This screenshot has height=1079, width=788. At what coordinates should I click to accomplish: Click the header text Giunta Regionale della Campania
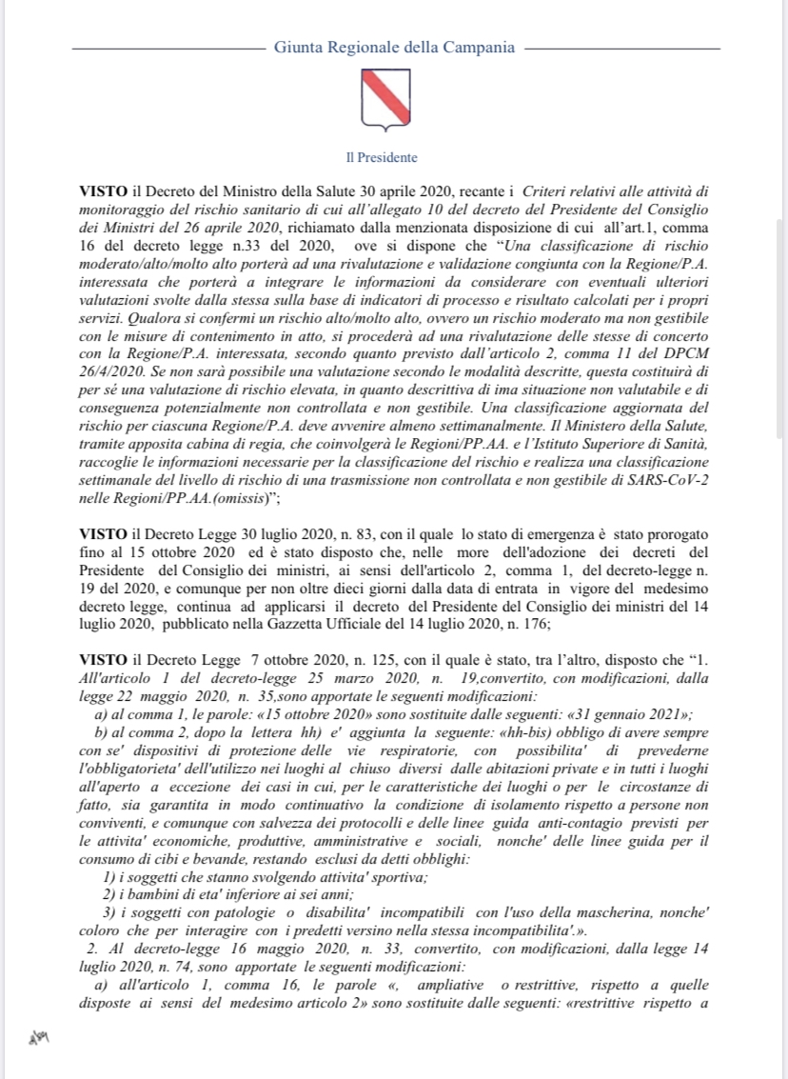[x=394, y=47]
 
